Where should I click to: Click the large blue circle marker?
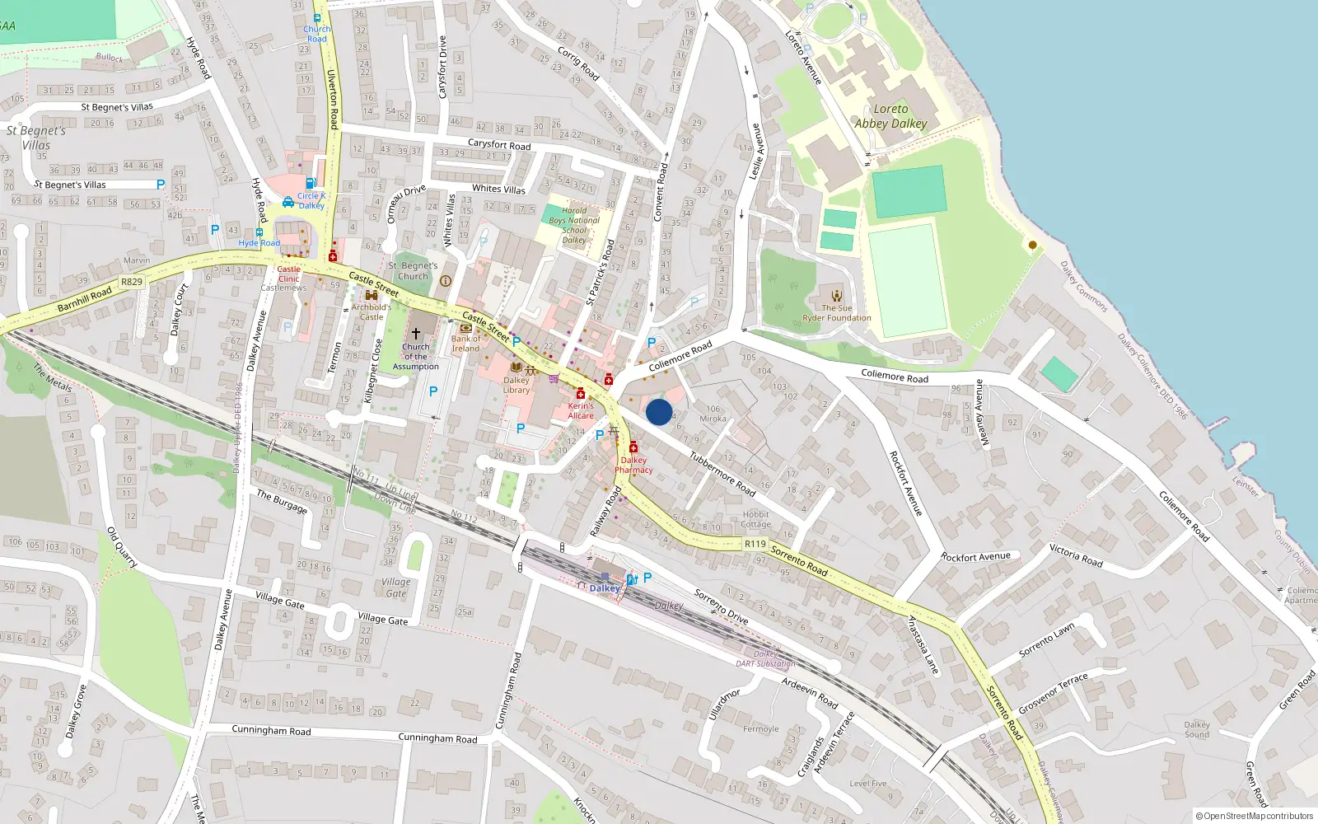click(659, 412)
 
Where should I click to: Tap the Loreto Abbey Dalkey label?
click(890, 116)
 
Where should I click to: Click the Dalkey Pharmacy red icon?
click(633, 447)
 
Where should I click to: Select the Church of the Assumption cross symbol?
click(416, 334)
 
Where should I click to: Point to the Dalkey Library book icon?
click(516, 368)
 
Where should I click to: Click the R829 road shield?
click(132, 282)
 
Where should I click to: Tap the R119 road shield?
click(755, 544)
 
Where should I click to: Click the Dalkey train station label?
click(605, 588)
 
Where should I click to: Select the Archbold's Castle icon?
click(372, 295)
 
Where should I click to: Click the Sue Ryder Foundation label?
click(837, 313)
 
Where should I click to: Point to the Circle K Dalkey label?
click(311, 201)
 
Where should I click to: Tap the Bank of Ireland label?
click(465, 344)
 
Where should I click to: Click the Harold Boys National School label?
click(574, 225)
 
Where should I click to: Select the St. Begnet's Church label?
click(413, 271)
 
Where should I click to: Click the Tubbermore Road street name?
click(722, 474)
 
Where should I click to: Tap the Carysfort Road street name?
click(499, 144)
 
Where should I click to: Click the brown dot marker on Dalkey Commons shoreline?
click(1032, 245)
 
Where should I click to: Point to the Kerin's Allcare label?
click(581, 410)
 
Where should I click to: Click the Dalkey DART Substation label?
click(765, 658)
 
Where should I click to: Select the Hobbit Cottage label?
click(755, 519)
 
